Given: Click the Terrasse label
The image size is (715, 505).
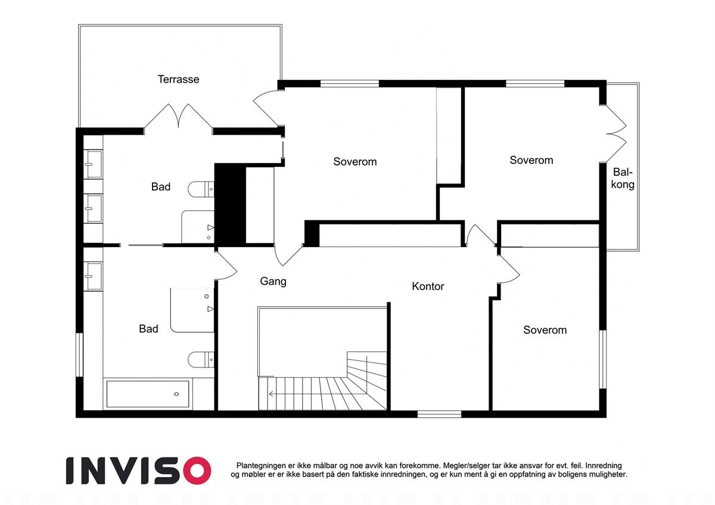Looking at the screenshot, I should click(x=178, y=79).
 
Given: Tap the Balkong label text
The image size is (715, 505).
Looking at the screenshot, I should click(x=623, y=178).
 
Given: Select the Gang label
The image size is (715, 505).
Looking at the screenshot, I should click(x=273, y=281).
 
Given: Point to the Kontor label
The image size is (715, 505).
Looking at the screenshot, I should click(x=428, y=286).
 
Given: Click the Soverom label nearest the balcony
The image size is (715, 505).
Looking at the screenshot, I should click(x=531, y=160).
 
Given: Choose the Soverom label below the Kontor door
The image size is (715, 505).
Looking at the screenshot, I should click(x=545, y=330).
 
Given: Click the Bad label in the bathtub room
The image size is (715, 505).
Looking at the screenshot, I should click(x=148, y=329).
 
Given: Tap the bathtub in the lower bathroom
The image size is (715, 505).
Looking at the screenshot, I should click(x=148, y=394).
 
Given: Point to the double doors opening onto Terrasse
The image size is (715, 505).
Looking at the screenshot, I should click(x=178, y=117).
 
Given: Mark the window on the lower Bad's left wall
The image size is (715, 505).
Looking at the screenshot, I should click(x=79, y=354).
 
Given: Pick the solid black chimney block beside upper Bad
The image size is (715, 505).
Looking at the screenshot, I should click(x=229, y=204).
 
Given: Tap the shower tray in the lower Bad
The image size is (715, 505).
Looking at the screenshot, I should click(x=192, y=310).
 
